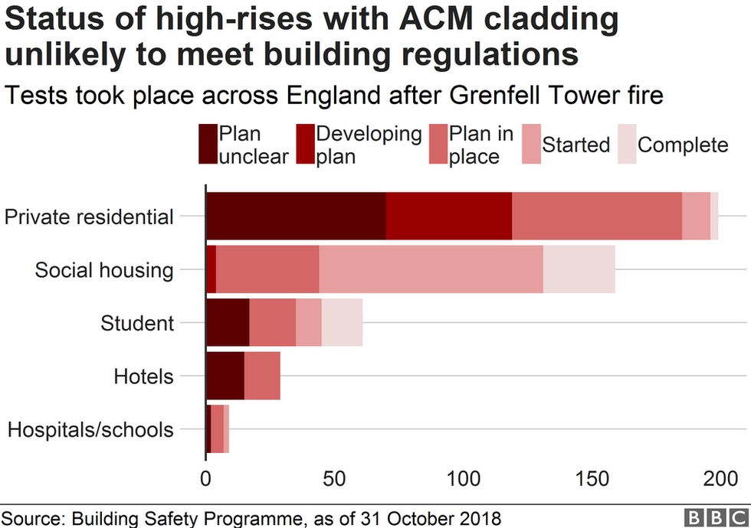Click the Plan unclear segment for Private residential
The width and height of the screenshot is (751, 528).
tap(296, 217)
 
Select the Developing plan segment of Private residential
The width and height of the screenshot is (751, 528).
tap(449, 217)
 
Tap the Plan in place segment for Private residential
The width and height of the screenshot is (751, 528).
tap(597, 217)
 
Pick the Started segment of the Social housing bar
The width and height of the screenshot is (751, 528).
tap(431, 269)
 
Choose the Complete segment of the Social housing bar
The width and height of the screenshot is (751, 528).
tap(579, 269)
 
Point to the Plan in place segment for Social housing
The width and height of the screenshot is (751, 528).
tap(267, 269)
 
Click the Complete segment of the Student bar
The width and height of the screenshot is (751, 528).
tap(342, 323)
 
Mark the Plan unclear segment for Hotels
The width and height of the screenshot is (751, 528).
tap(225, 376)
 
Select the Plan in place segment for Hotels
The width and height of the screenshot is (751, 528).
tap(262, 376)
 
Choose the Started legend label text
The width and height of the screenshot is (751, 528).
tap(576, 145)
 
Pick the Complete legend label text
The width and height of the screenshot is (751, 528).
tap(683, 145)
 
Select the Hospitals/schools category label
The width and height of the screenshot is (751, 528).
tap(90, 429)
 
